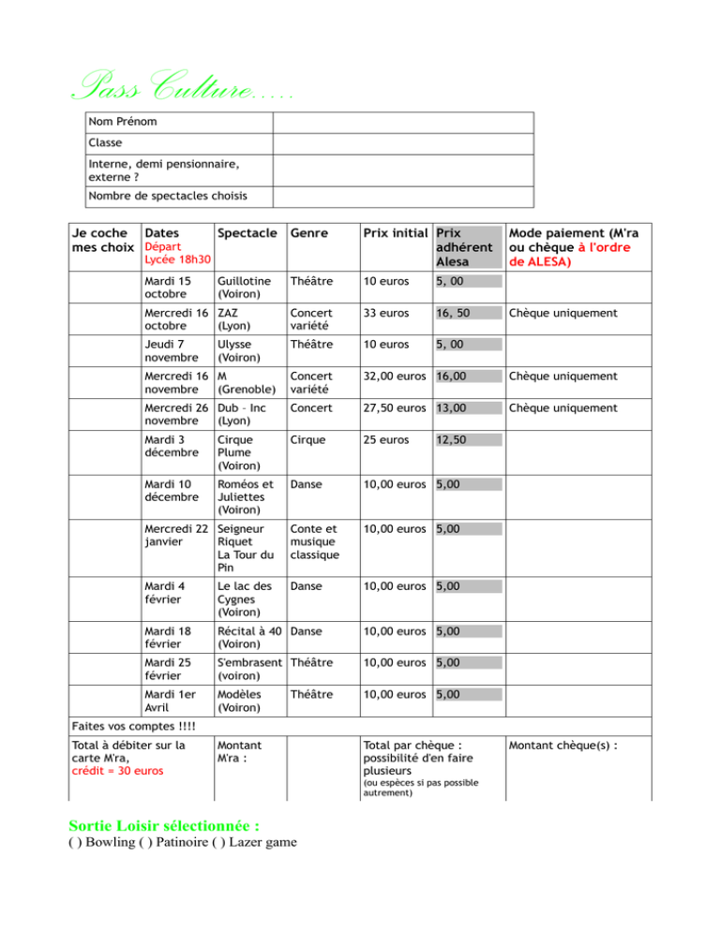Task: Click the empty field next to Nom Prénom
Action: tap(403, 123)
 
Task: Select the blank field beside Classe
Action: tap(403, 144)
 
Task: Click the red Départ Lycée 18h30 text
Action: tap(174, 253)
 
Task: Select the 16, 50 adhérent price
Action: tap(454, 313)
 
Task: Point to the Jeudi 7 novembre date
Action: tap(170, 351)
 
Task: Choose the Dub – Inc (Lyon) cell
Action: tap(241, 415)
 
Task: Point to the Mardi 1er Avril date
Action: tap(169, 702)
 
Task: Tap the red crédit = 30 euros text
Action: tap(117, 771)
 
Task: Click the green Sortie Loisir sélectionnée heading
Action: tap(164, 827)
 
